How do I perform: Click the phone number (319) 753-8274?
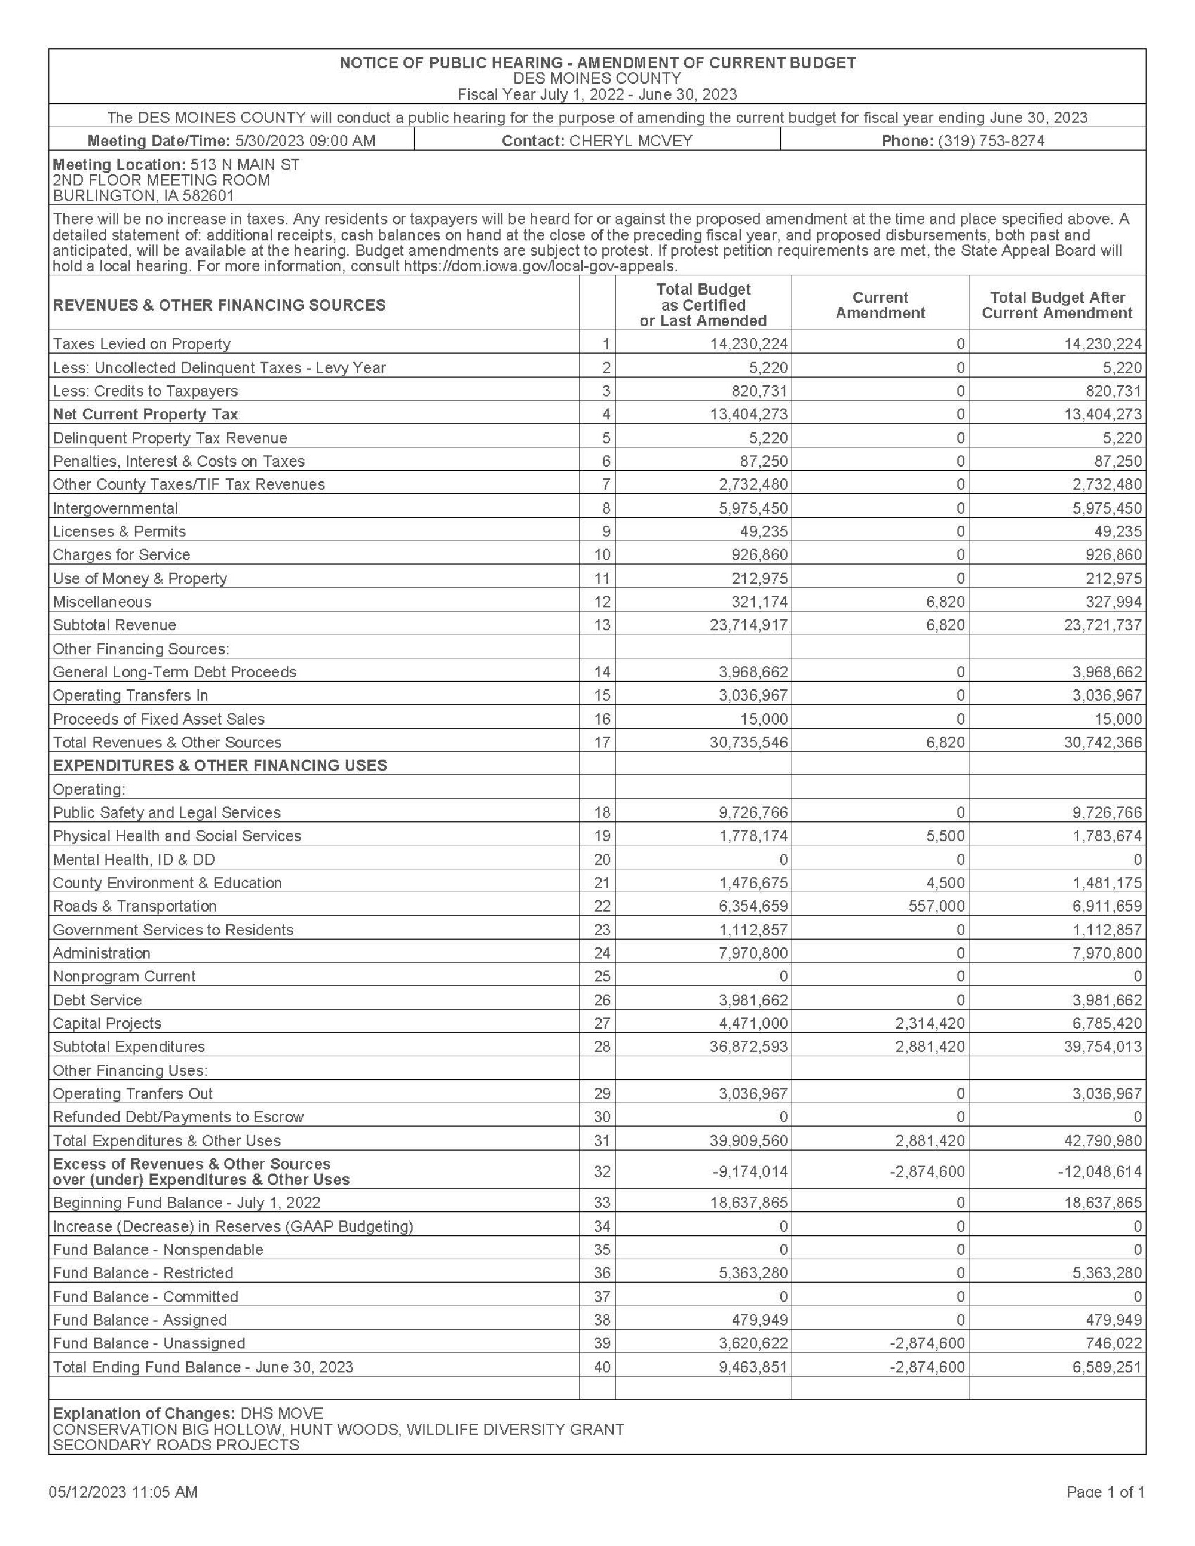[x=991, y=141]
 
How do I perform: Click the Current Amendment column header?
[x=880, y=305]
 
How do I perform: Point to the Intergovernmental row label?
[x=115, y=508]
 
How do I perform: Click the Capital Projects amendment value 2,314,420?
[x=930, y=1023]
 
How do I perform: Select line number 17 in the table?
[x=602, y=742]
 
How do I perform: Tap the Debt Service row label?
[x=97, y=999]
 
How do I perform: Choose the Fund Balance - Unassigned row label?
[x=149, y=1343]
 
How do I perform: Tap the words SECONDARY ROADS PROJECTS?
[x=176, y=1445]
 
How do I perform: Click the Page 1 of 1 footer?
[x=1105, y=1492]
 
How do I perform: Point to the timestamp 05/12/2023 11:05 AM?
[x=123, y=1492]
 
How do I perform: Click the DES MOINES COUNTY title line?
[x=597, y=79]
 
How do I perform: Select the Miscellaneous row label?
[x=102, y=602]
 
